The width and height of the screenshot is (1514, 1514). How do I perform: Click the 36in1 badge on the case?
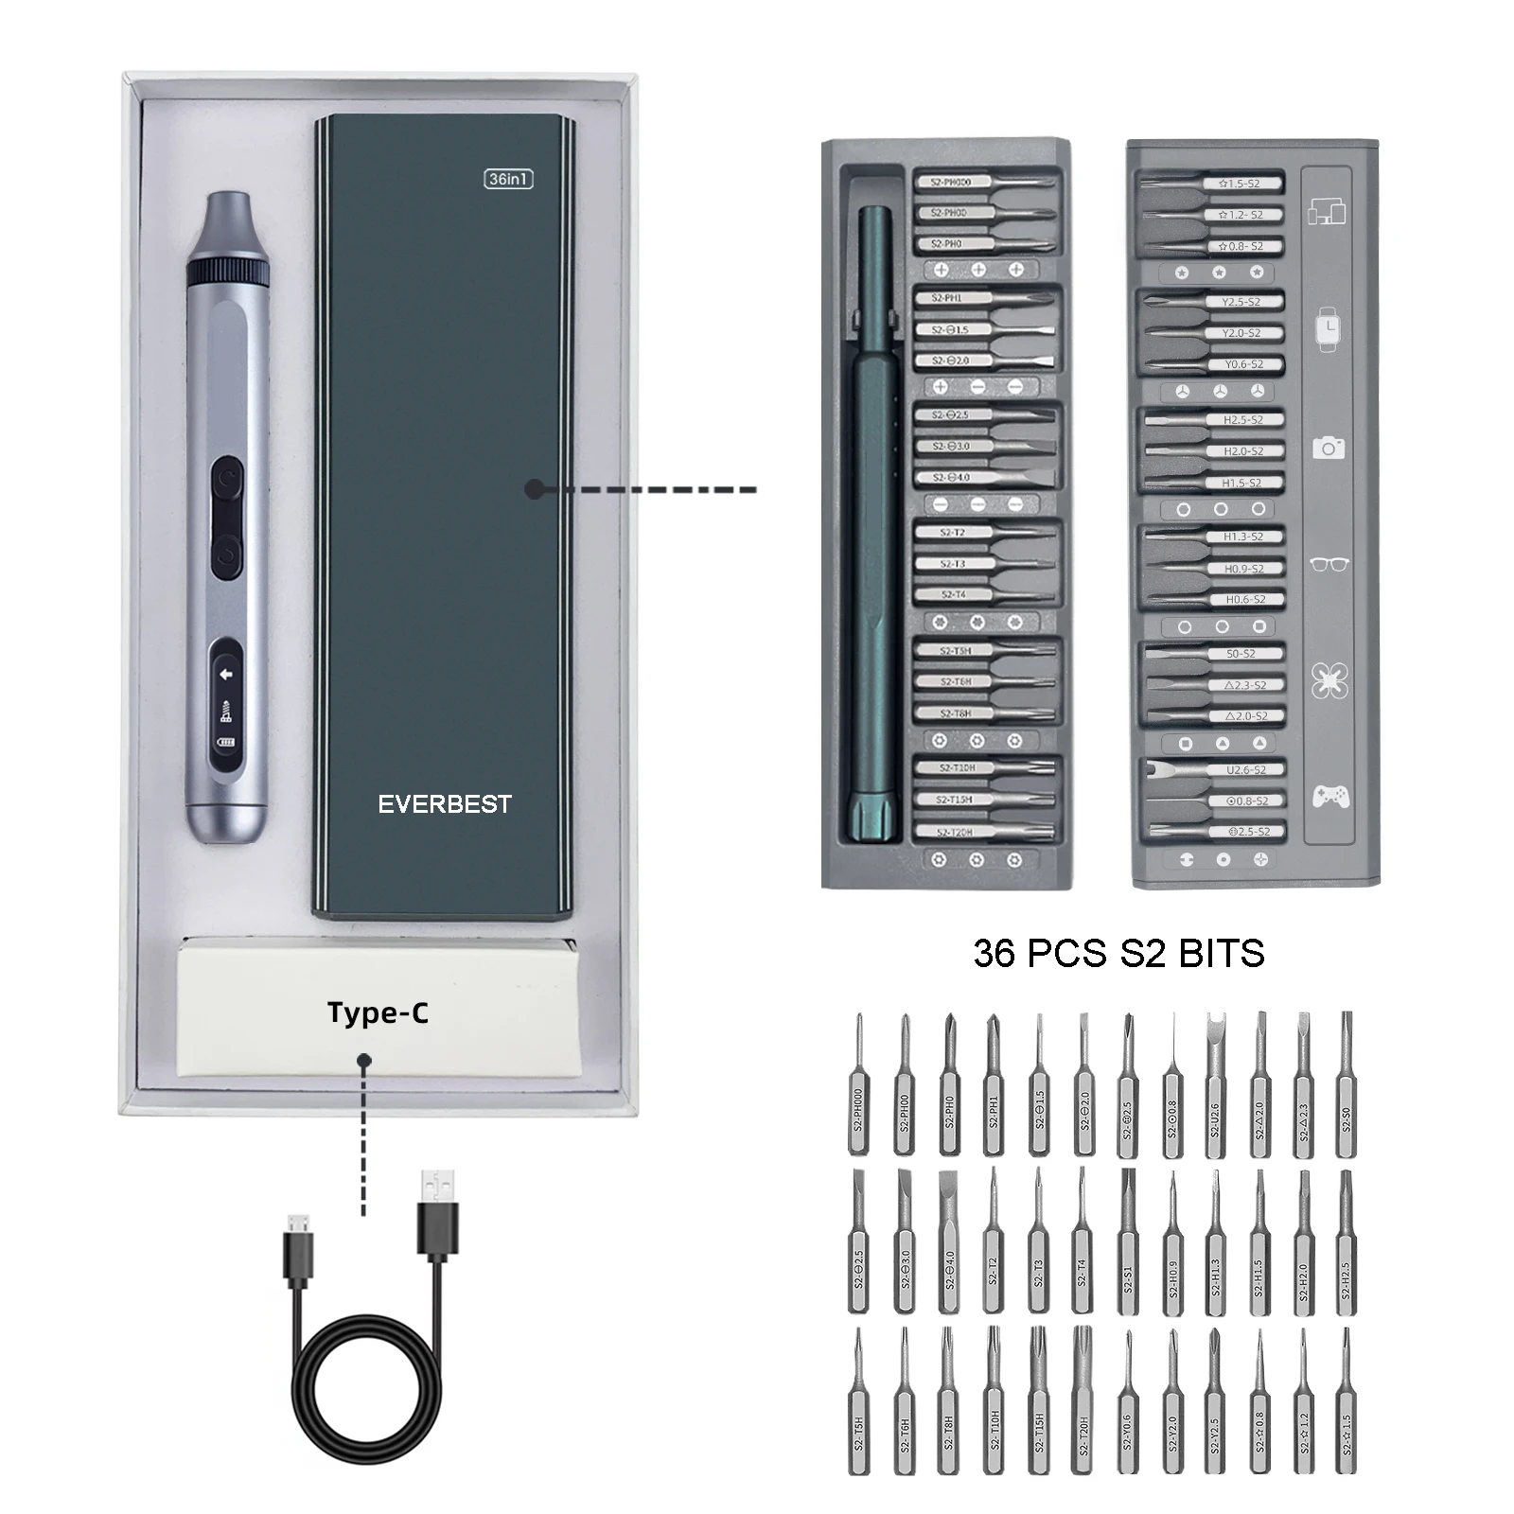tap(508, 179)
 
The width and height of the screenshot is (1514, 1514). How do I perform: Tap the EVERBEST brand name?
tap(445, 804)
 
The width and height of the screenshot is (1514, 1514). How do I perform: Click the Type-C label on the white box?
tap(378, 1012)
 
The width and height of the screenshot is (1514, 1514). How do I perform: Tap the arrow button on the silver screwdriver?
tap(226, 675)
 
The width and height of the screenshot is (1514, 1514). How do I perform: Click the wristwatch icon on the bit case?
tap(1329, 329)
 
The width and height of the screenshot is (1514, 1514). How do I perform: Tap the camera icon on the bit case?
tap(1329, 447)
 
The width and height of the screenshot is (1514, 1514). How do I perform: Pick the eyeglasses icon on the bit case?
tap(1329, 564)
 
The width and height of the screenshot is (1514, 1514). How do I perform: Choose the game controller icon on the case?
tap(1329, 797)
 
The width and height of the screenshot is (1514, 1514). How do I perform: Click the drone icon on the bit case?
tap(1329, 680)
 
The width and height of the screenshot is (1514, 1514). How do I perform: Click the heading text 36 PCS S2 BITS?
tap(1118, 953)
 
